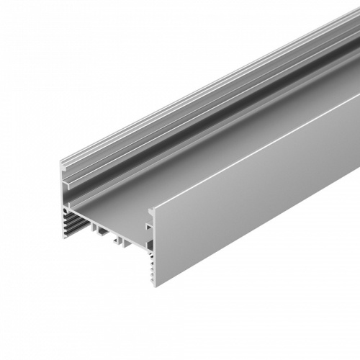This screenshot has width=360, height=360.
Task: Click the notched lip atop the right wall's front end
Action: [152, 212]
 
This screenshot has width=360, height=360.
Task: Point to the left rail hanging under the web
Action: [98, 229]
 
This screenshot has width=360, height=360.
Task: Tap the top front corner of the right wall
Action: [153, 208]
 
